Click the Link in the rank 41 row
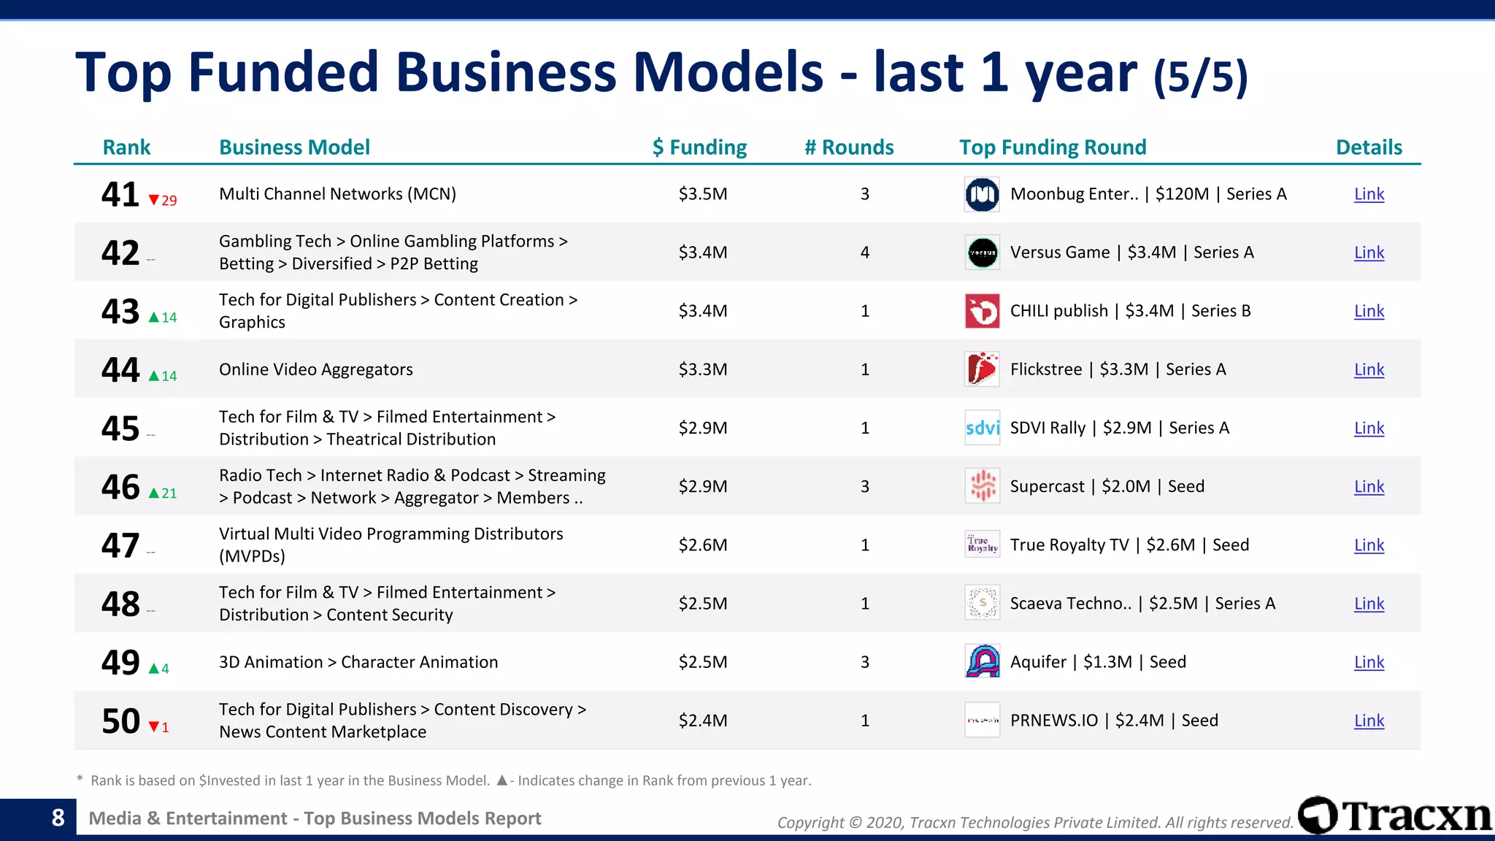coord(1369,194)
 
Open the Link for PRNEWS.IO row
coord(1369,721)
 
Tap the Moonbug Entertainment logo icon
coord(982,194)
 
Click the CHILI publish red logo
coord(982,311)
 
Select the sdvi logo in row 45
coord(982,428)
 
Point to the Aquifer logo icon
coord(982,661)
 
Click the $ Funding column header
coord(699,147)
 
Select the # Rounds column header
coord(849,147)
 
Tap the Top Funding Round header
coord(1053,147)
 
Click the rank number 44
coord(120,369)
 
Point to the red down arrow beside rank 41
coord(153,200)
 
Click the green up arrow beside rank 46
coord(153,493)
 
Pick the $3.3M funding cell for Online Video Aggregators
coord(703,369)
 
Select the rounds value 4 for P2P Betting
coord(865,253)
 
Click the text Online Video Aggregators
coord(315,369)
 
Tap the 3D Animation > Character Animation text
coord(358,662)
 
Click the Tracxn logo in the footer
coord(1394,815)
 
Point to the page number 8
coord(58,818)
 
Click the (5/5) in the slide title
coord(1200,76)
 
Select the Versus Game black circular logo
coord(982,253)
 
